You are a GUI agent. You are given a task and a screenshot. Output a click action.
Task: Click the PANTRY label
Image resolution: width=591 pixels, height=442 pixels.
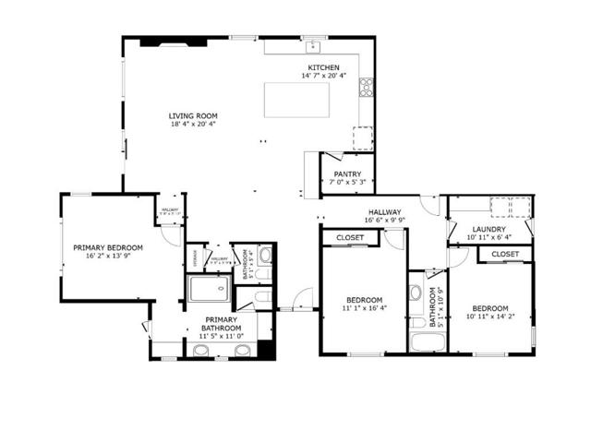click(347, 173)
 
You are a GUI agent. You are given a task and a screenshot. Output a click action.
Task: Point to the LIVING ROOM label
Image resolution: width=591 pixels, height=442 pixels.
click(193, 116)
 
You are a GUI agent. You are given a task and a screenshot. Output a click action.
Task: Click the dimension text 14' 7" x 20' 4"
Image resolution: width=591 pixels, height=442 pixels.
click(323, 77)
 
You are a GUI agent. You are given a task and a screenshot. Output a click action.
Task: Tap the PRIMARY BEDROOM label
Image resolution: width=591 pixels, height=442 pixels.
click(108, 247)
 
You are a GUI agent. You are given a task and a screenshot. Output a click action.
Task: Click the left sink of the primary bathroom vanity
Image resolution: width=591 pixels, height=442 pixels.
click(200, 351)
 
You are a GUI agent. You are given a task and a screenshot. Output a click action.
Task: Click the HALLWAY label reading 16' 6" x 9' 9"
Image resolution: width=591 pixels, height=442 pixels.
click(382, 212)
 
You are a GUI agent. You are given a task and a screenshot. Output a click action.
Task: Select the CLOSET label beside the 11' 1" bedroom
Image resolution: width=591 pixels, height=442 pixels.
click(350, 238)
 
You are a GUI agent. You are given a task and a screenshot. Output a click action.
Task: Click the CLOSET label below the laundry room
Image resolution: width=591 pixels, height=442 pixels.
click(504, 254)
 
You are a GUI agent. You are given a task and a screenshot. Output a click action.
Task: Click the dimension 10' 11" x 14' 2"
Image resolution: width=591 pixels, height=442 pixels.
click(489, 318)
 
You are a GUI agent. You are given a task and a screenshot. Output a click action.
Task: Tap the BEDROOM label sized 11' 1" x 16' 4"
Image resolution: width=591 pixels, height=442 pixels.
click(365, 300)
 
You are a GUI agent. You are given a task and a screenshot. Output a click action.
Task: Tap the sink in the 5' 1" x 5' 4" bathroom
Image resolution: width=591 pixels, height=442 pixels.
click(265, 255)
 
